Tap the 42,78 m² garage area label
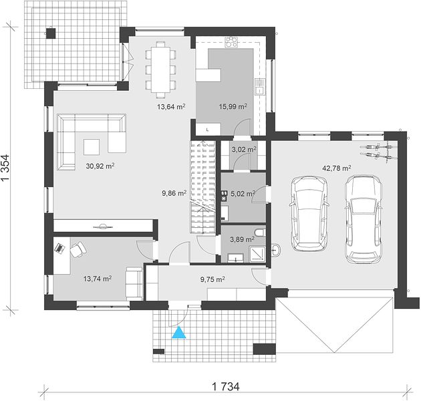(336, 168)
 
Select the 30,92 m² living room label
(100, 166)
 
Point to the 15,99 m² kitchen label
(233, 107)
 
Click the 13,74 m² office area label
(98, 279)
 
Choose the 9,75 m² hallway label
(213, 279)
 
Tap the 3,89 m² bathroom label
(243, 239)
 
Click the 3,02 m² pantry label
(244, 149)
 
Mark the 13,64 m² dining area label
(172, 107)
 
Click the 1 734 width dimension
(226, 387)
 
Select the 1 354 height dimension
(6, 168)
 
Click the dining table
(161, 70)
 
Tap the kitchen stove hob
(231, 42)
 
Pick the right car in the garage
(364, 219)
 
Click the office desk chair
(78, 249)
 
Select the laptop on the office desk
(60, 248)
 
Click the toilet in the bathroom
(261, 233)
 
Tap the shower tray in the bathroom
(257, 254)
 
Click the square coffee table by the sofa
(92, 147)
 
